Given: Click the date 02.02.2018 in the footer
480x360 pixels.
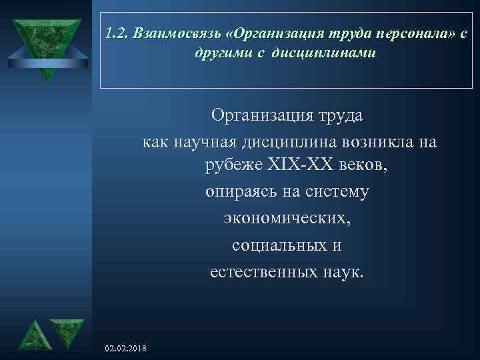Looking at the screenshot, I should (x=127, y=349).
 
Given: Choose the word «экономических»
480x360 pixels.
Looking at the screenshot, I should (x=287, y=219).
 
